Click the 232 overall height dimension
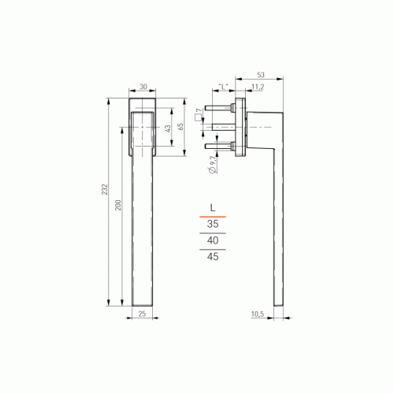(105, 189)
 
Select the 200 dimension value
(118, 205)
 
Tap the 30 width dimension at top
(143, 87)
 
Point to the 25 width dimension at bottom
(142, 314)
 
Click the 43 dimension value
(168, 128)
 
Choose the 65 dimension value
(180, 127)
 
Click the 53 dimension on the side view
(261, 75)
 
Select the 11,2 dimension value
(258, 87)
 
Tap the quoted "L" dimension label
(223, 87)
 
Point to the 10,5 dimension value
(258, 314)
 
